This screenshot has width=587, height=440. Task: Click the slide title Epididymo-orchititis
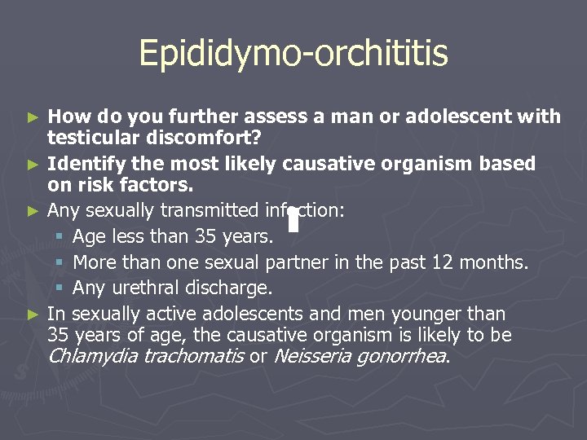293,54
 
